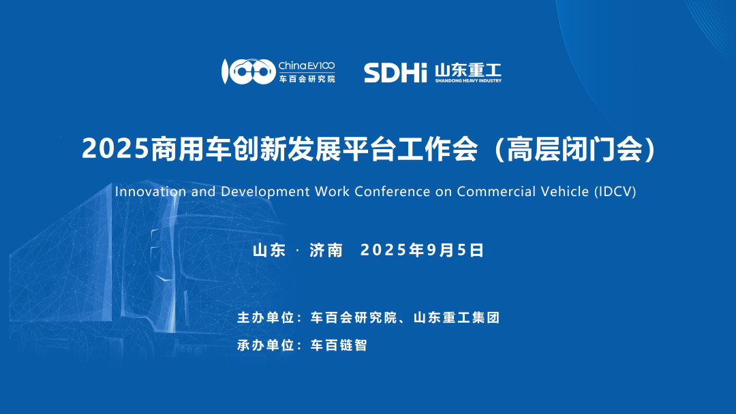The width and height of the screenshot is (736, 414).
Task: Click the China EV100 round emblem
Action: (x=248, y=71)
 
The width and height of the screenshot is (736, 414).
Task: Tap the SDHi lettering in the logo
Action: (x=395, y=73)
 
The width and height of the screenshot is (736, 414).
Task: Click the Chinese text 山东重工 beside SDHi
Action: (x=468, y=70)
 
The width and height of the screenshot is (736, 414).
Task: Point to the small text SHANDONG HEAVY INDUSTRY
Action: (x=468, y=80)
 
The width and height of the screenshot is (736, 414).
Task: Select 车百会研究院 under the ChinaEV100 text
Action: (x=307, y=79)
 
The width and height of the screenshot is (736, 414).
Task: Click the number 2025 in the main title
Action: (x=115, y=148)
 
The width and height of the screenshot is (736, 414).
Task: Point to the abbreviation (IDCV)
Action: (x=615, y=192)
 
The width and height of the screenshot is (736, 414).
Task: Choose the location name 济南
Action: (x=326, y=251)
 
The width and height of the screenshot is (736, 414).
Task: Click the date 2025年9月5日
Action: (x=422, y=251)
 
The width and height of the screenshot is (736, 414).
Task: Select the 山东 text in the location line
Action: (x=269, y=251)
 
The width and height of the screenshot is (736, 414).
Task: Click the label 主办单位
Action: (x=266, y=317)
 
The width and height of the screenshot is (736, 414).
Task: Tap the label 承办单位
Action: (x=266, y=345)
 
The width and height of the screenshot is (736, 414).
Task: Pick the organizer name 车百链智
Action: (x=339, y=345)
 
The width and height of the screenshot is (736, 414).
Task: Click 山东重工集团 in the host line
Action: (x=457, y=317)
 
